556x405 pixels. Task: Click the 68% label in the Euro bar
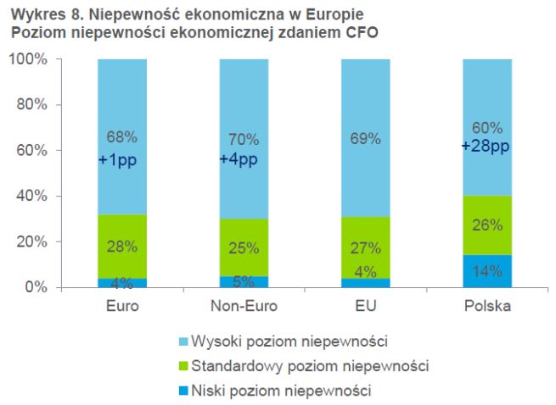pos(122,136)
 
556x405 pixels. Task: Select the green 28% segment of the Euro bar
pos(122,247)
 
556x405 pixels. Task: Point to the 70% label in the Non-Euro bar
pos(244,139)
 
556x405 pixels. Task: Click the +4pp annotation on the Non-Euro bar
pos(244,158)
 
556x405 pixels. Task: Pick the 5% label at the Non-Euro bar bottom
pos(244,281)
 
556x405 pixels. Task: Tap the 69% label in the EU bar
pos(365,139)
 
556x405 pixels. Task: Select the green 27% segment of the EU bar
pos(365,248)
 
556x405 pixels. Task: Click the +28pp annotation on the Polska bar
pos(486,147)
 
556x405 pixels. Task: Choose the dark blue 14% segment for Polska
pos(486,271)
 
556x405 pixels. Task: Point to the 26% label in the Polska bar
pos(486,225)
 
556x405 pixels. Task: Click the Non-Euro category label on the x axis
pos(244,306)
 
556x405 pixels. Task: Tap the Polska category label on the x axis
pos(486,306)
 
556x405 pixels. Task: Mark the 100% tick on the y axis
pos(32,59)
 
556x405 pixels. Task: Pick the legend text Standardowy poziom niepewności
pos(310,366)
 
